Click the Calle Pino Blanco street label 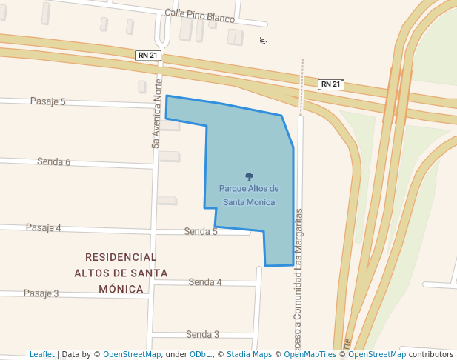(199, 16)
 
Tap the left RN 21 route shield (147, 56)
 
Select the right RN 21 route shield (331, 84)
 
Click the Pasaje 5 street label (47, 101)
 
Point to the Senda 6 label (53, 161)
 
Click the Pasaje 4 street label (43, 227)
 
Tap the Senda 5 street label (201, 232)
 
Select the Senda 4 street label (205, 282)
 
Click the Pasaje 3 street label (41, 293)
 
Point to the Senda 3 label (202, 334)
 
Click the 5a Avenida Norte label (156, 112)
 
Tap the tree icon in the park (249, 176)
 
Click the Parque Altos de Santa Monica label (249, 195)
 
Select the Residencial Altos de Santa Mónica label (121, 273)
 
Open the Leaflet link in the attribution (42, 354)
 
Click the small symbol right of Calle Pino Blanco (263, 40)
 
